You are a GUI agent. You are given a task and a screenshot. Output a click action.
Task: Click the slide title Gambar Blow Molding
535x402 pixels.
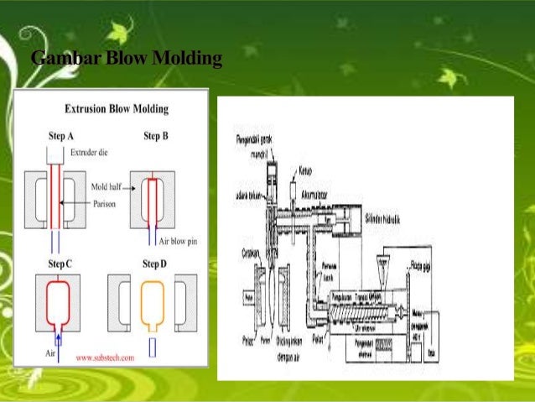coord(126,60)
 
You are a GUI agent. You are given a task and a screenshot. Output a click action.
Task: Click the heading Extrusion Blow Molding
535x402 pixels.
coord(117,109)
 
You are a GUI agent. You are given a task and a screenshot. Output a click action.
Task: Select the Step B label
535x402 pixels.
coord(157,135)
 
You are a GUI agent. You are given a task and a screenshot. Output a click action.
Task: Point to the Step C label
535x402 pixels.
coord(60,264)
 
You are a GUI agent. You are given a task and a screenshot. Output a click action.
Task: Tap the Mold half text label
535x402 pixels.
coord(106,187)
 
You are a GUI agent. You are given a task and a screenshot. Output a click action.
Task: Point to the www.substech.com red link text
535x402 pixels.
coord(106,357)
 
